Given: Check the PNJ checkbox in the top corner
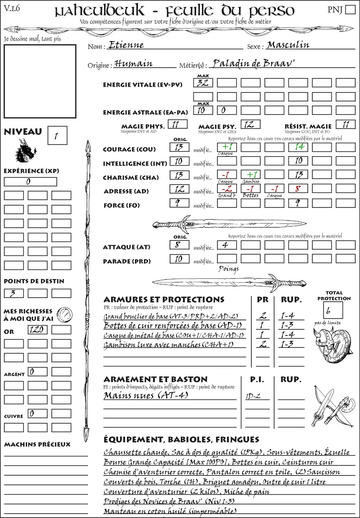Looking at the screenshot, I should (350, 9).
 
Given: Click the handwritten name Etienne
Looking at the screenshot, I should (126, 45).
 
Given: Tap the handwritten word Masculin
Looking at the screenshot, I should (288, 45).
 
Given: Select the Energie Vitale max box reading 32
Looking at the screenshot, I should (203, 83).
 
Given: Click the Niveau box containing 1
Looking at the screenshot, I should (57, 135).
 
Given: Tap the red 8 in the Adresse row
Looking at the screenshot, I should (298, 189).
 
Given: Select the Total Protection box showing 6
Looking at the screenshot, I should (333, 310).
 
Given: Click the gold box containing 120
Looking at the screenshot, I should (37, 330).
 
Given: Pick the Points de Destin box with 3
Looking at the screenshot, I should (14, 293).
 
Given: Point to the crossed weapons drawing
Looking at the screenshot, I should (332, 407).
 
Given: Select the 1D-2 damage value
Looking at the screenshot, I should (253, 396).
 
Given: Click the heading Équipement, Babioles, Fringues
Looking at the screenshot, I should (181, 439).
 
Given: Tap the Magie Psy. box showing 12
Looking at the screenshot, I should (250, 124).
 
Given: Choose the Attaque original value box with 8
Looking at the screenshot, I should (179, 245).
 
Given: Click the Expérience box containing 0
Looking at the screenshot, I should (30, 182).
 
